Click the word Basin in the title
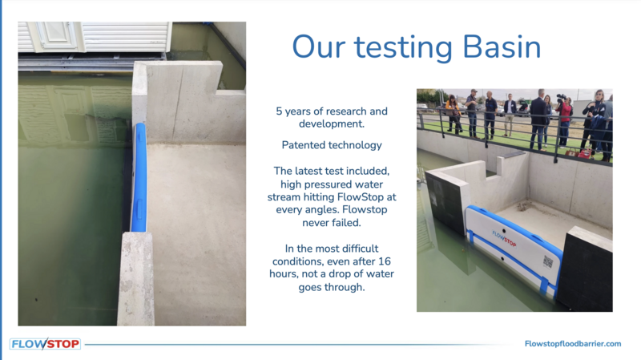[502, 47]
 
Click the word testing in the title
[404, 49]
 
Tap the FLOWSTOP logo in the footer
[45, 344]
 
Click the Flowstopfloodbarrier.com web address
[573, 344]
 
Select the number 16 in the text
[385, 261]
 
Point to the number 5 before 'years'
[279, 111]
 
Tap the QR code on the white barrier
[548, 262]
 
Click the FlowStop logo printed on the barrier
[504, 238]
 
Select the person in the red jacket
[565, 119]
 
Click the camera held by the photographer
[561, 98]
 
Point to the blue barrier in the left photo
[139, 178]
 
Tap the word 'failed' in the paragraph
[346, 223]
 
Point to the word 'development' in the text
[332, 123]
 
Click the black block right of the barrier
[585, 270]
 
